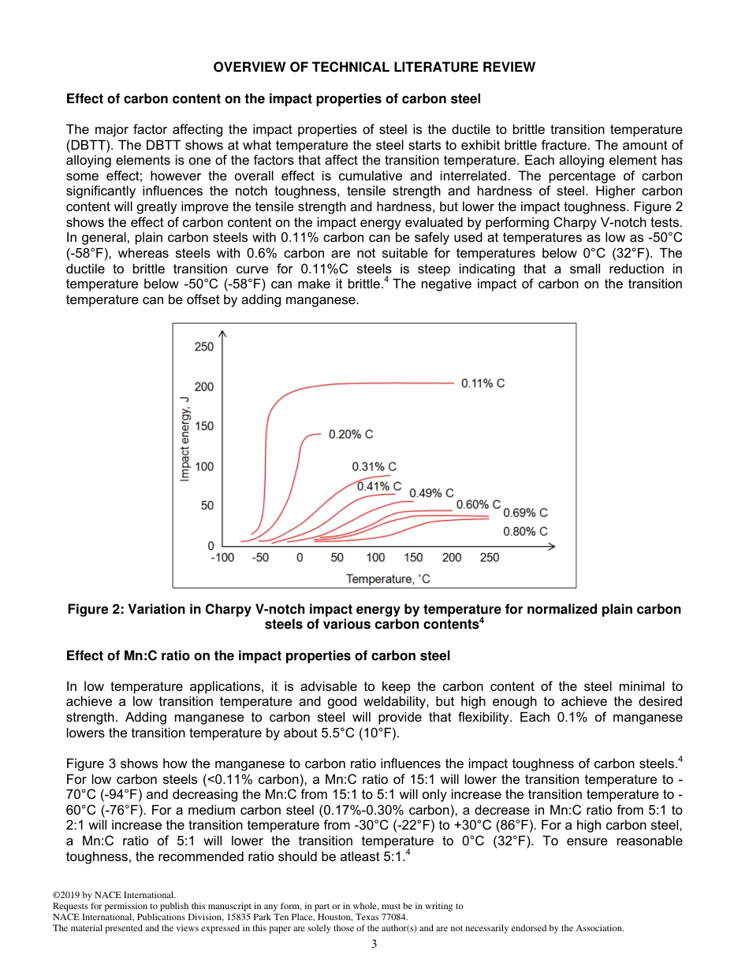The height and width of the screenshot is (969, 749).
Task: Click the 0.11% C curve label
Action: tap(483, 383)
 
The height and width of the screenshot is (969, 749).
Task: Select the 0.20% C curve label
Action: tap(351, 434)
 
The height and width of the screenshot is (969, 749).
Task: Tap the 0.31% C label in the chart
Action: tap(374, 467)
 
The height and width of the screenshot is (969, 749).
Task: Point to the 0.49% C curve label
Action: tap(431, 493)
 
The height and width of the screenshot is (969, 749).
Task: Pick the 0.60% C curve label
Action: tap(479, 504)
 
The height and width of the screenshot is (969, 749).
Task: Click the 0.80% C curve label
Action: tap(525, 532)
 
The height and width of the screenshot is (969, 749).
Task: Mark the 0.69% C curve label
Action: tap(525, 513)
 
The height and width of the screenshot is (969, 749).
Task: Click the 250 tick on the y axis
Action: tap(203, 347)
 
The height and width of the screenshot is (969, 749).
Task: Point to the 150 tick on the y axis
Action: tap(203, 426)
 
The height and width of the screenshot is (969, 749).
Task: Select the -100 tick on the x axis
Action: tap(222, 558)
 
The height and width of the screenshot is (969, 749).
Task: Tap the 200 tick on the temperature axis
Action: tap(452, 558)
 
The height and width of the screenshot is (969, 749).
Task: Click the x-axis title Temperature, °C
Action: tap(388, 579)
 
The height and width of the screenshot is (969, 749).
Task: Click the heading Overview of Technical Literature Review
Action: tap(374, 67)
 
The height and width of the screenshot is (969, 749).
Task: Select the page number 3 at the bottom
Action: tap(374, 945)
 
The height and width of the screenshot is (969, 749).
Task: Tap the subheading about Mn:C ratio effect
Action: tap(258, 655)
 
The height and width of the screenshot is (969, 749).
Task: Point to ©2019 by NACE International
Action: tap(114, 895)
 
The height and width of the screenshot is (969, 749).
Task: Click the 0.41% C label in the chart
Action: tap(379, 486)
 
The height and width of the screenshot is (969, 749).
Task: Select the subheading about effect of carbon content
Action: tap(273, 99)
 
